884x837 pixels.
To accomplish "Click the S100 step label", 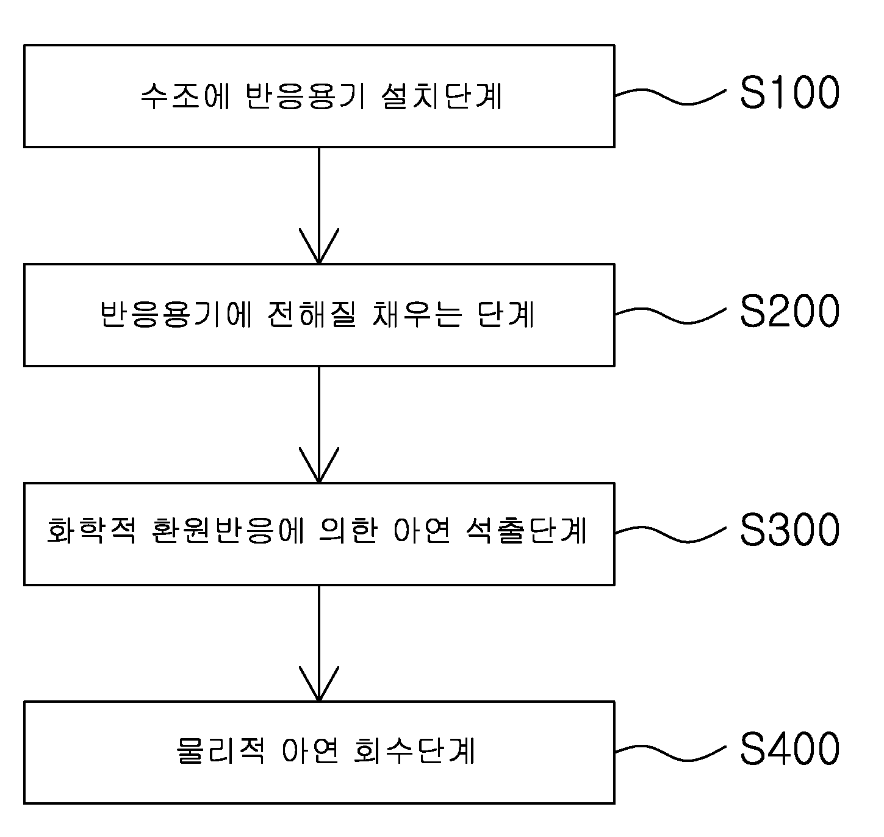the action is tap(789, 93).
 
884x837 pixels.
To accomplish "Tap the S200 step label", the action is tap(789, 311).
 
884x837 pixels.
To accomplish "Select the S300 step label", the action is tap(789, 530).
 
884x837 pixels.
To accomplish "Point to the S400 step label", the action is tap(789, 748).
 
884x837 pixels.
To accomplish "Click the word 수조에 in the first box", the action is tap(185, 95).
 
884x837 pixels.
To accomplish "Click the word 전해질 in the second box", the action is tap(312, 314).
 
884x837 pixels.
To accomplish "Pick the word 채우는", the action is tap(417, 314).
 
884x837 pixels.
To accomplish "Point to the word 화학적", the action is tap(92, 530).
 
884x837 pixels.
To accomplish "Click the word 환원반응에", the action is tap(228, 530).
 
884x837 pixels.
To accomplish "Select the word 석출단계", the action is tap(526, 530).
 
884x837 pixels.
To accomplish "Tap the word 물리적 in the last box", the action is tap(220, 750).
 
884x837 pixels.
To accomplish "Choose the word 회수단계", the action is tap(414, 750).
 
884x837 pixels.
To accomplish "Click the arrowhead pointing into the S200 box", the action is tap(319, 246).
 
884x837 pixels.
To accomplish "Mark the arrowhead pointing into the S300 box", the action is tap(319, 465).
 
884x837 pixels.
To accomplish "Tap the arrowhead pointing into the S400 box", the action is tap(319, 684).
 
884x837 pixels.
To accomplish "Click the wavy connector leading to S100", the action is tap(670, 96).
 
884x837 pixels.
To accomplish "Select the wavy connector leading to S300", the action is tap(670, 534).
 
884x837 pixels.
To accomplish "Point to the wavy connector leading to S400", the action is tap(670, 752).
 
